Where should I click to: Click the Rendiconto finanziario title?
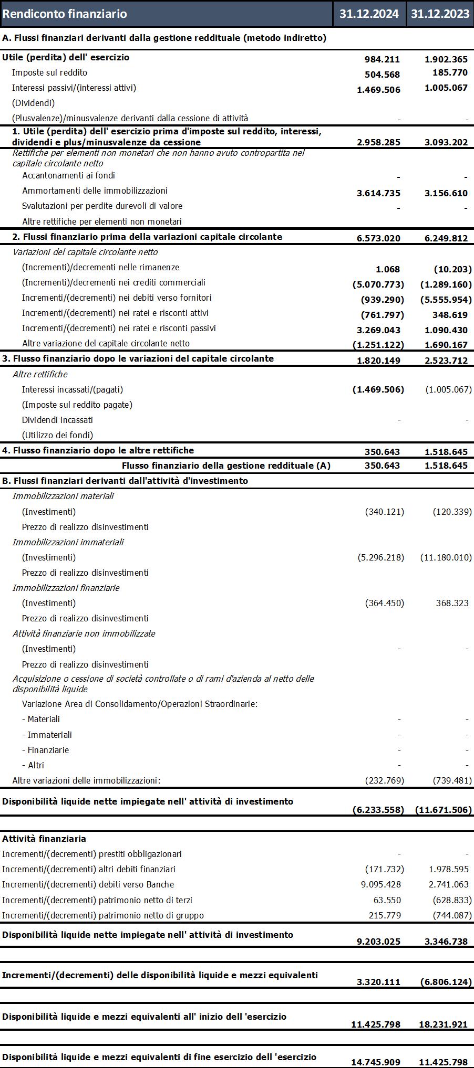[65, 14]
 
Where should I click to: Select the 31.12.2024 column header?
[369, 14]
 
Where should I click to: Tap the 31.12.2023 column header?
[440, 14]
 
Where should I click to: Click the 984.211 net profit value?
[382, 59]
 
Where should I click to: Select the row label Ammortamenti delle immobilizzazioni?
[95, 191]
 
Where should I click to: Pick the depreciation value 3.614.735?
[378, 193]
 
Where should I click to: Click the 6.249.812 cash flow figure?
[446, 238]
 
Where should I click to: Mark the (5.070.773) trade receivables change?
[378, 284]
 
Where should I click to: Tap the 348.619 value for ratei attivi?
[450, 315]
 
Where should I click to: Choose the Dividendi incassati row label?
[57, 420]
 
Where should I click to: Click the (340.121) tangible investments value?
[385, 512]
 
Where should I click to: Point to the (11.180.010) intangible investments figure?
[446, 557]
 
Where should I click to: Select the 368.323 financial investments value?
[452, 603]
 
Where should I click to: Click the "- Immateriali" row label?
[47, 735]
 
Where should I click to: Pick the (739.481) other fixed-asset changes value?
[452, 780]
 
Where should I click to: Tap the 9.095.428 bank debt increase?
[380, 884]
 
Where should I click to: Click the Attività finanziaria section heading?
[44, 839]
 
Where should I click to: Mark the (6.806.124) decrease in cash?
[446, 982]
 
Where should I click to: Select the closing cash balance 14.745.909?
[375, 1062]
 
